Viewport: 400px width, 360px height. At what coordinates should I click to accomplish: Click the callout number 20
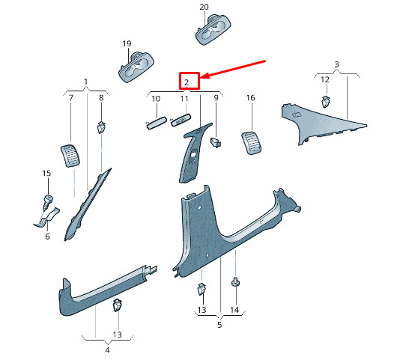204,7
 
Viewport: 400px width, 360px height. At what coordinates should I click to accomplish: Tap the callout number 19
127,43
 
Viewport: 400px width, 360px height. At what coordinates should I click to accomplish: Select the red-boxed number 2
187,82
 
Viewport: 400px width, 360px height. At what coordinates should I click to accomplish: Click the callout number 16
250,97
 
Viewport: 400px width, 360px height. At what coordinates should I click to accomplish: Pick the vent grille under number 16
252,143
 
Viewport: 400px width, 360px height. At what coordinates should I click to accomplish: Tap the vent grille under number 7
70,156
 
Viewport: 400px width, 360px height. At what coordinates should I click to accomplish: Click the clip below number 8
102,127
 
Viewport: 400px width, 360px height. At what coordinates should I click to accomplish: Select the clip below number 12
325,102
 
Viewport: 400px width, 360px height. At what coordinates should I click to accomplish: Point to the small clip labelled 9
216,142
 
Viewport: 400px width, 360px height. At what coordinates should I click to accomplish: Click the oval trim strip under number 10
157,123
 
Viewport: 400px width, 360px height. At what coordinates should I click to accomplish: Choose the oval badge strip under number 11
181,120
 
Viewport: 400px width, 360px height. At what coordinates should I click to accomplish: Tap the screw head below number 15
48,198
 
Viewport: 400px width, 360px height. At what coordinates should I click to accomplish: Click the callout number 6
47,237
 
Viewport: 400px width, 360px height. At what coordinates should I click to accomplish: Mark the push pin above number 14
236,281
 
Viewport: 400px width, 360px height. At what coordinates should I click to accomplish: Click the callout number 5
219,325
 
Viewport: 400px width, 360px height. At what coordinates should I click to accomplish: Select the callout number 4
107,350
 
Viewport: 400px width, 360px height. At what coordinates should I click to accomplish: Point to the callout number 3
337,64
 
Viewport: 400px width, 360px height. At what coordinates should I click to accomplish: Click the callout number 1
86,82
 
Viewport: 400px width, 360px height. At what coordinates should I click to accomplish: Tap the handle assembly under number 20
213,30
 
